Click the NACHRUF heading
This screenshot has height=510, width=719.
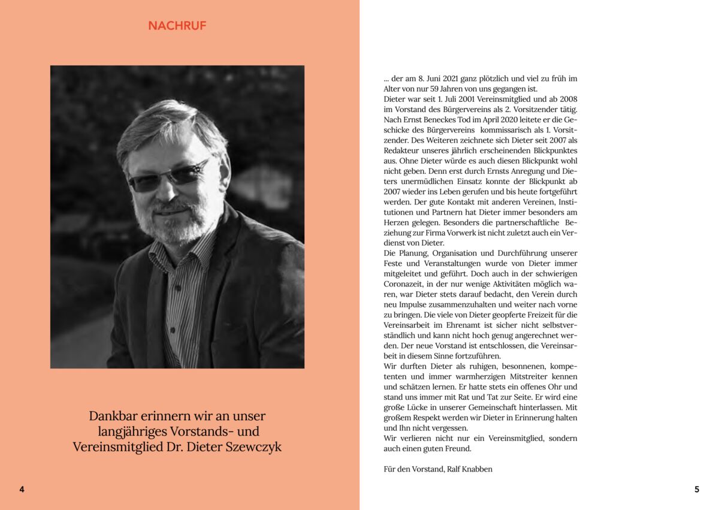(177, 26)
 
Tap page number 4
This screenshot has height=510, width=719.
(22, 490)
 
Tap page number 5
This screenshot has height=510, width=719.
(696, 490)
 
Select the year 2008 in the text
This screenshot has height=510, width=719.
(567, 99)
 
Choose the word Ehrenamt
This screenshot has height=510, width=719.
(458, 325)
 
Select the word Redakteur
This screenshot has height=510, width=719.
(401, 150)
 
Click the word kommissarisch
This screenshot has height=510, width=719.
(519, 130)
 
